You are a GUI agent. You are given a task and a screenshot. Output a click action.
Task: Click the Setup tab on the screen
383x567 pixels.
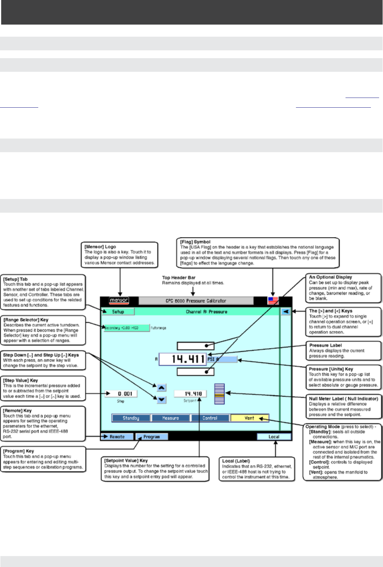pyautogui.click(x=118, y=312)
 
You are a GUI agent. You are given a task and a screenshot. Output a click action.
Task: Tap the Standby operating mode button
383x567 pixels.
pyautogui.click(x=131, y=418)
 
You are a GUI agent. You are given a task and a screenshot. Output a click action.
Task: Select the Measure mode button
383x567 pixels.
pyautogui.click(x=171, y=418)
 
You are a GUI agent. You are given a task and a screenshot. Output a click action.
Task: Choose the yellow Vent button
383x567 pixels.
pyautogui.click(x=249, y=418)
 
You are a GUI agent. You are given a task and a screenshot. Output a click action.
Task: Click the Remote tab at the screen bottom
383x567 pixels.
pyautogui.click(x=117, y=437)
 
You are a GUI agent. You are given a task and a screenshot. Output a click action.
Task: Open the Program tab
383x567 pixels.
pyautogui.click(x=151, y=437)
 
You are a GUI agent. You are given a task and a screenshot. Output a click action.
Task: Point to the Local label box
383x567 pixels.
pyautogui.click(x=274, y=437)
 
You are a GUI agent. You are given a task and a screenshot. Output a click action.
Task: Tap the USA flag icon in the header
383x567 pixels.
pyautogui.click(x=273, y=300)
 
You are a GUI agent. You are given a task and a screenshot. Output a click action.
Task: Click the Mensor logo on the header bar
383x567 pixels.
pyautogui.click(x=119, y=300)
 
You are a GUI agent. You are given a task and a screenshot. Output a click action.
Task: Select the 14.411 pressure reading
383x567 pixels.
pyautogui.click(x=183, y=359)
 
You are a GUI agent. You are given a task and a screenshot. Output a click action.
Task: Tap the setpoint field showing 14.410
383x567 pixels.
pyautogui.click(x=190, y=394)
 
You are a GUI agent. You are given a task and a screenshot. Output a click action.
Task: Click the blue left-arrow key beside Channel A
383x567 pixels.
pyautogui.click(x=286, y=311)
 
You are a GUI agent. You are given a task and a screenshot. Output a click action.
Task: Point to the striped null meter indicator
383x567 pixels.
pyautogui.click(x=219, y=394)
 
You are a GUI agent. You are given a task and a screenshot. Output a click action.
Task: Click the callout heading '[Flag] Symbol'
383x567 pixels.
pyautogui.click(x=195, y=242)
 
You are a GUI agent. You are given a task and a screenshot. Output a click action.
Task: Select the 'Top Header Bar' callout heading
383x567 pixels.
pyautogui.click(x=179, y=278)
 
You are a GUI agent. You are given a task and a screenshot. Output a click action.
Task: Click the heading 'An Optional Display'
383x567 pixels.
pyautogui.click(x=330, y=277)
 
